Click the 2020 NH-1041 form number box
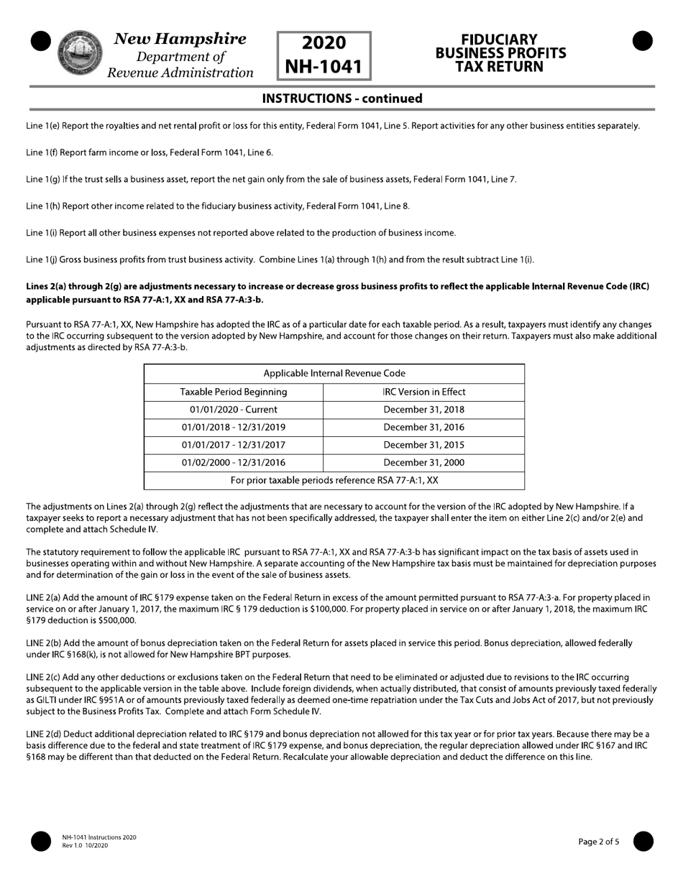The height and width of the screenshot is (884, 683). [324, 55]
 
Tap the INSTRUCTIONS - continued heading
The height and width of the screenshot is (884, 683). [341, 98]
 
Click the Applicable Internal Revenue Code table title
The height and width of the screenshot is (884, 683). [334, 374]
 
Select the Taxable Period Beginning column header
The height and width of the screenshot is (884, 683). [234, 392]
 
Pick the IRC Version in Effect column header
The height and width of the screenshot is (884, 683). [424, 392]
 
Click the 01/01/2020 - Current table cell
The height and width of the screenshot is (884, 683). [234, 410]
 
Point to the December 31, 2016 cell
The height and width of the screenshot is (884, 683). [424, 427]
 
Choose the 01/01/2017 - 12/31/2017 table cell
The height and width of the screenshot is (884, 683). [234, 445]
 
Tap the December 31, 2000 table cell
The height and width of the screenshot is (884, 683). [424, 463]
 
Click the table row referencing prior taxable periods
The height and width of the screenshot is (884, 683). [334, 480]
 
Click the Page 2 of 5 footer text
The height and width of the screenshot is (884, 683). [598, 842]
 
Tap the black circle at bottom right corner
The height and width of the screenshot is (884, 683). [643, 841]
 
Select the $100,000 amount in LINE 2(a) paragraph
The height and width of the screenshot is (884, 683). [329, 609]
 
